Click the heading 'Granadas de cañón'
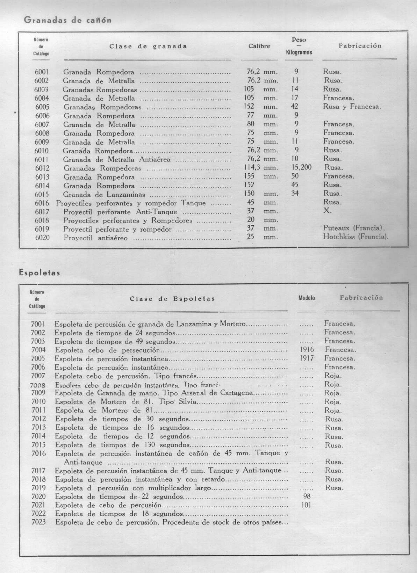[x=68, y=20]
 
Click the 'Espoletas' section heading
[x=39, y=273]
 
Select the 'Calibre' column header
[x=259, y=46]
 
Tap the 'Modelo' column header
[x=307, y=298]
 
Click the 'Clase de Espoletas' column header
[x=172, y=299]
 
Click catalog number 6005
[x=42, y=107]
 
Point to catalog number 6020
[x=42, y=238]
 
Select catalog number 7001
[x=38, y=324]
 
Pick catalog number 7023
[x=38, y=522]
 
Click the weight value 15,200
[x=301, y=167]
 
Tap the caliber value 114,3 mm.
[x=260, y=167]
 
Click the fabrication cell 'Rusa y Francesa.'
[x=352, y=107]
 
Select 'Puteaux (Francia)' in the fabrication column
[x=354, y=229]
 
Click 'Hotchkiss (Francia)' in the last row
[x=356, y=237]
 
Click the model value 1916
[x=307, y=349]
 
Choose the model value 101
[x=306, y=505]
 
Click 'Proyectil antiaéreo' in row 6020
[x=95, y=238]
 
